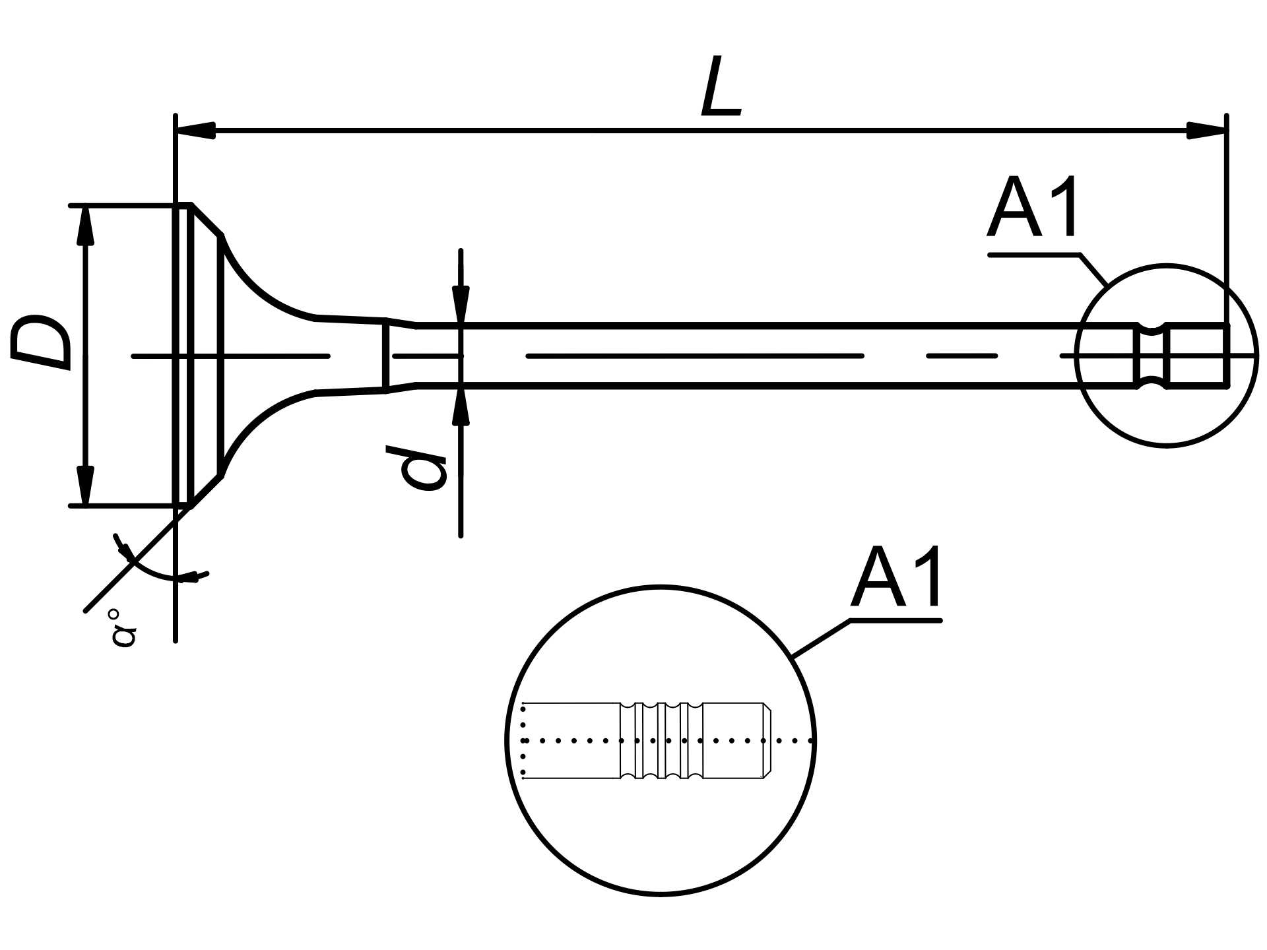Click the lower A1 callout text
click(x=895, y=577)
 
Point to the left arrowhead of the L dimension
click(x=196, y=130)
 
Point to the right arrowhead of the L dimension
click(x=1206, y=130)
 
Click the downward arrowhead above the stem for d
click(x=461, y=305)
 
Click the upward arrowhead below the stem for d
click(x=461, y=406)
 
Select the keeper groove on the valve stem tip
click(x=1151, y=355)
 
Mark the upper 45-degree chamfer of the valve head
click(x=207, y=220)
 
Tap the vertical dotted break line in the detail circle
click(x=523, y=741)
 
